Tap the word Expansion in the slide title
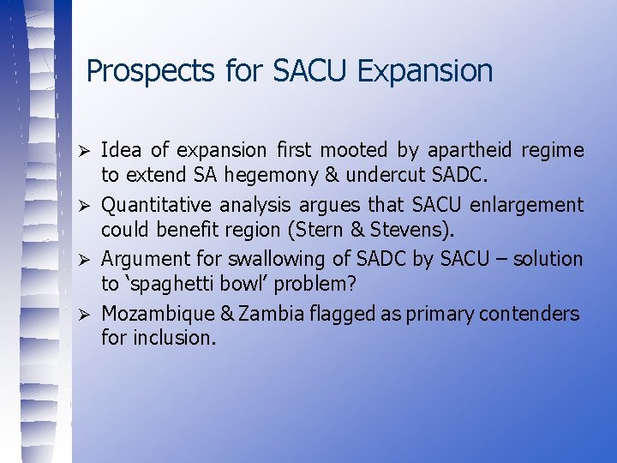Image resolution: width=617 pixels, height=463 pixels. pos(425,71)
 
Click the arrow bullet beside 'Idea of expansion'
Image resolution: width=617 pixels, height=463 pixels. pos(84,152)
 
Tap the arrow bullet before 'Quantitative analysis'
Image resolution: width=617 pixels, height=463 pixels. pos(84,206)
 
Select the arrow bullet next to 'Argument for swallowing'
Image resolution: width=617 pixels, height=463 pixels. pos(84,260)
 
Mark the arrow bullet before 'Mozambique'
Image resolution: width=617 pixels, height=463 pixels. pos(84,314)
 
